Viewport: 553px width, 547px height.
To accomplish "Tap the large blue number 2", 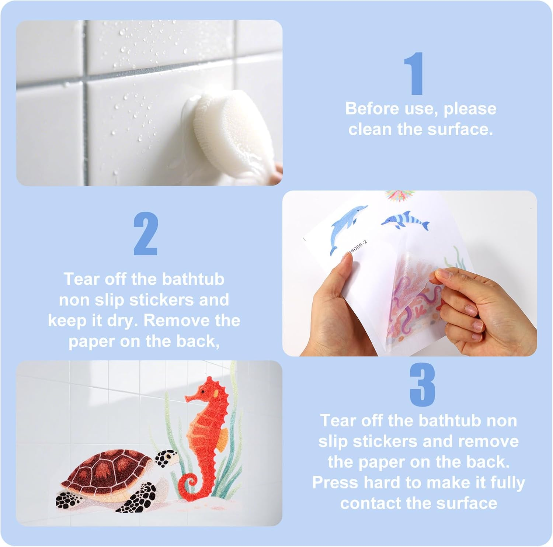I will point(146,233).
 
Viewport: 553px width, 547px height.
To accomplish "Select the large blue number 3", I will point(422,385).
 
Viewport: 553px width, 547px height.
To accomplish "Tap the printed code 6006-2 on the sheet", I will point(357,247).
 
